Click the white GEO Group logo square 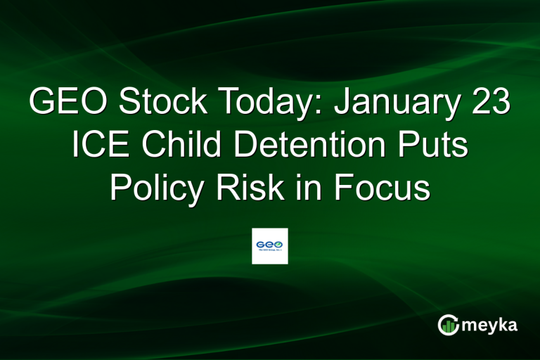point(270,246)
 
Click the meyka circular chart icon point(448,325)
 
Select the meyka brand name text point(491,326)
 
